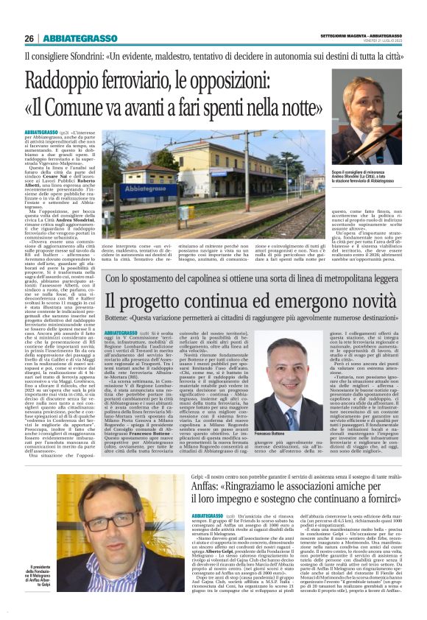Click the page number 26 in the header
point(29,38)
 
